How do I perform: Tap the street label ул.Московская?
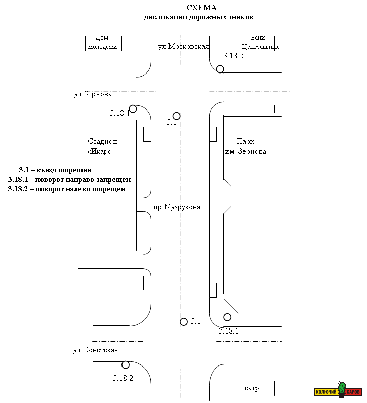click(183, 46)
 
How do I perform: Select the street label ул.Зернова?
click(93, 94)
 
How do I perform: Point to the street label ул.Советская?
click(96, 350)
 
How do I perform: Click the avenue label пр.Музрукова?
click(177, 207)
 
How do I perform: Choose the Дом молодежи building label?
click(103, 42)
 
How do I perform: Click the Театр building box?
click(253, 388)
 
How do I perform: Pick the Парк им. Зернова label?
click(246, 146)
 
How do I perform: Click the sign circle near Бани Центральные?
click(220, 69)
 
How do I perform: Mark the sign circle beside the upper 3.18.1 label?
click(133, 108)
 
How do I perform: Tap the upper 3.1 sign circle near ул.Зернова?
click(176, 116)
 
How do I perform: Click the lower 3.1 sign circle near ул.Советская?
click(184, 321)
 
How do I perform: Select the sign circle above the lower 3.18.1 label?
click(227, 317)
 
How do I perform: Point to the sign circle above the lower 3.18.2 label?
click(126, 364)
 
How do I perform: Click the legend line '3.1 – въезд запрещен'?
click(55, 170)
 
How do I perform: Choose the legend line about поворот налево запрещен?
click(67, 189)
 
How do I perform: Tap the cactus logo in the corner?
click(342, 390)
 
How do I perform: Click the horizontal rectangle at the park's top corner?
click(267, 109)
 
